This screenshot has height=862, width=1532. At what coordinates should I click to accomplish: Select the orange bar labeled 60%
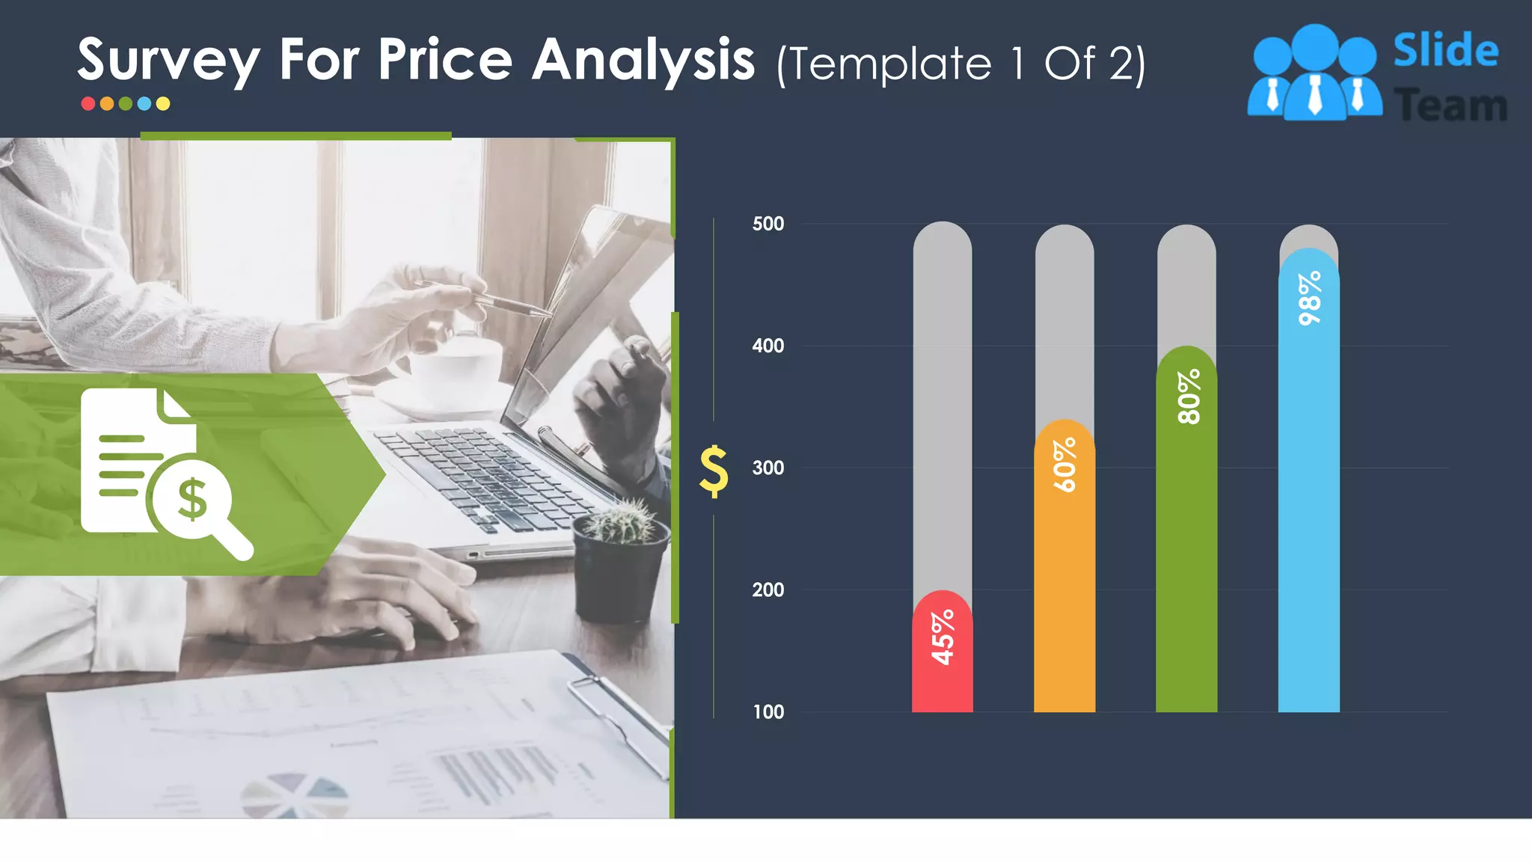[1064, 569]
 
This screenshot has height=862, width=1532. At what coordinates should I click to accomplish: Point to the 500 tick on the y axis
[768, 224]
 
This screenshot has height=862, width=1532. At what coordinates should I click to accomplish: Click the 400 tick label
[768, 346]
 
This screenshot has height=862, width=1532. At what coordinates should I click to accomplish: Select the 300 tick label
[768, 468]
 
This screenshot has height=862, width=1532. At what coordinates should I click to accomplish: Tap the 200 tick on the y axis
[768, 590]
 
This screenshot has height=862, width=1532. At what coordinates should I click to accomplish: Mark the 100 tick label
[768, 712]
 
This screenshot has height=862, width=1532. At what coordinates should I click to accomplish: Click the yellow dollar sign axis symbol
[714, 471]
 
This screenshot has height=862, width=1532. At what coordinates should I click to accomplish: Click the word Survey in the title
[169, 60]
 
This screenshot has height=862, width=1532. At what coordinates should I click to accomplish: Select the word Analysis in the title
[643, 60]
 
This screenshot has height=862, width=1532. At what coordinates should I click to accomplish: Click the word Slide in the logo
[1445, 50]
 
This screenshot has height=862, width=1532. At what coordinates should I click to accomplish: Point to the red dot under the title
[88, 104]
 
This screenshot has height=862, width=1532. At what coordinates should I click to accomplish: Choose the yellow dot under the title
[163, 104]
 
